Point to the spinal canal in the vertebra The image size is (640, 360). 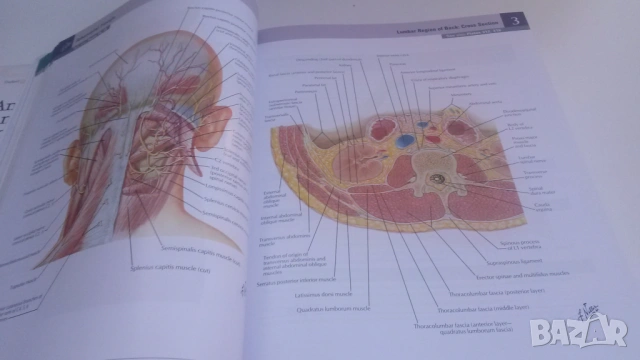(x=437, y=180)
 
